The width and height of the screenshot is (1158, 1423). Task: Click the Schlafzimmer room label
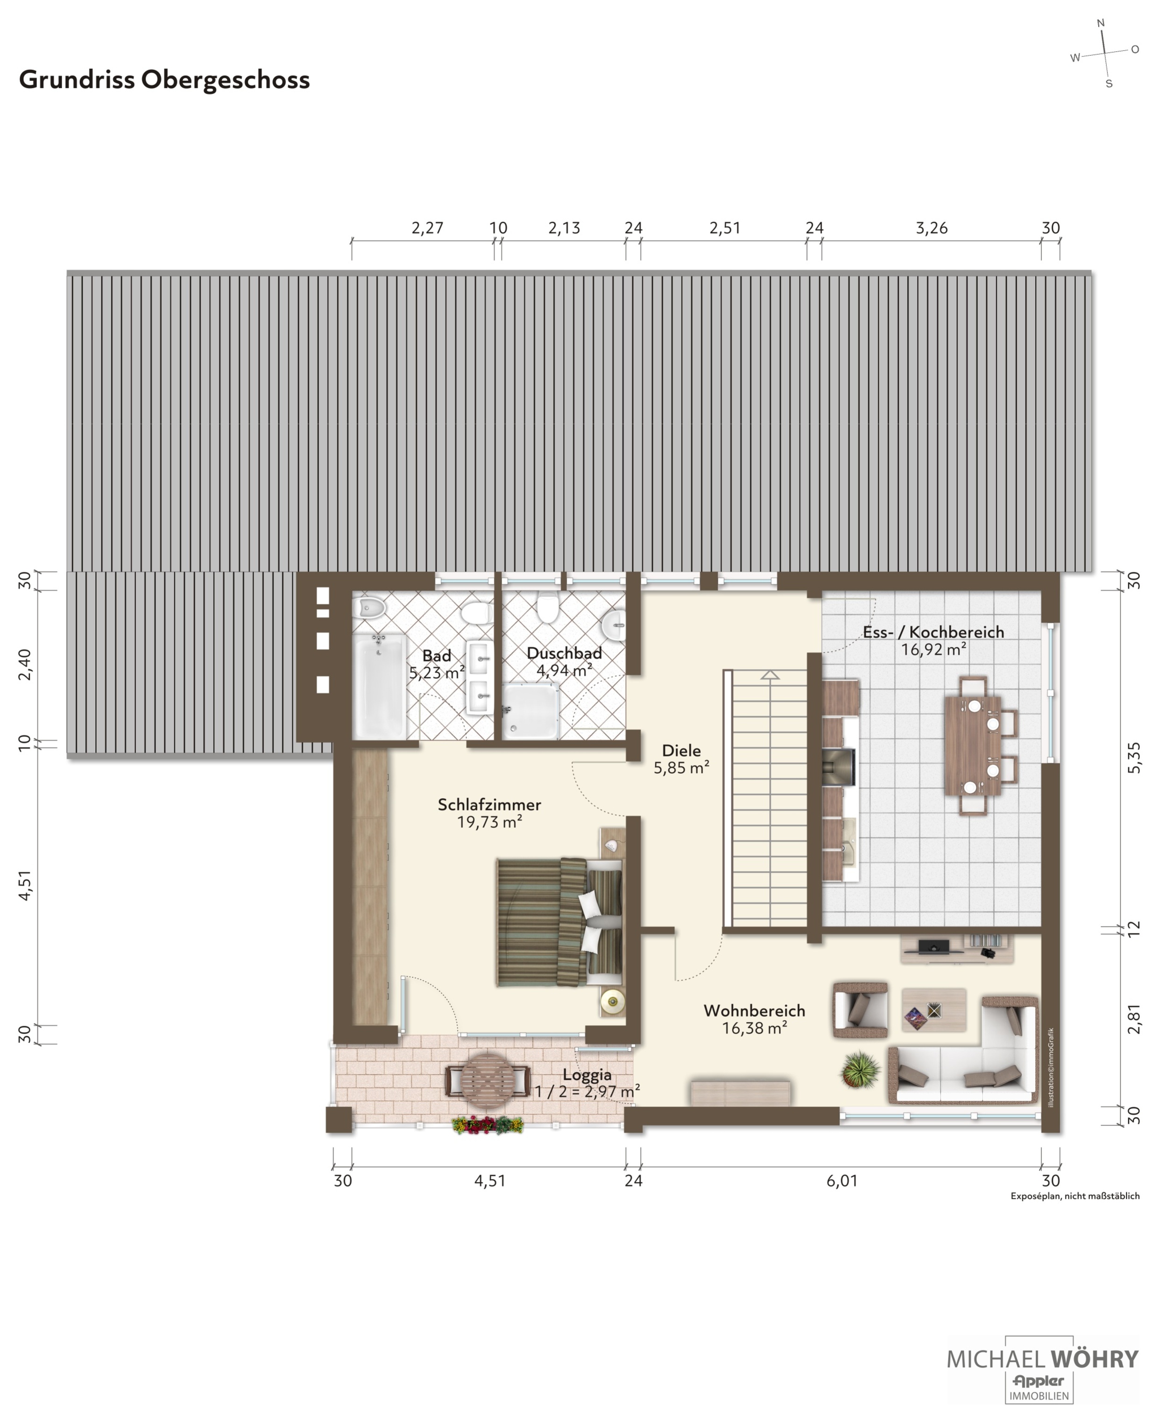coord(489,805)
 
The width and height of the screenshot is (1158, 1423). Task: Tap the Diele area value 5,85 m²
coord(681,768)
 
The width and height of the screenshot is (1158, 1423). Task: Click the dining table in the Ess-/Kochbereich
coord(973,746)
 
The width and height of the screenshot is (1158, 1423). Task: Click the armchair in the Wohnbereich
coord(861,1009)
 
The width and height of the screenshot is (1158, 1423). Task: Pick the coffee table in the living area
coord(934,1009)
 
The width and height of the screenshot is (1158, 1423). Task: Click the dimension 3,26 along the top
coord(931,228)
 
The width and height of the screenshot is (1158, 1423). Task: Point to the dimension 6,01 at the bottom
coord(842,1181)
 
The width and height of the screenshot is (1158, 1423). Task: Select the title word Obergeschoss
coord(226,80)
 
